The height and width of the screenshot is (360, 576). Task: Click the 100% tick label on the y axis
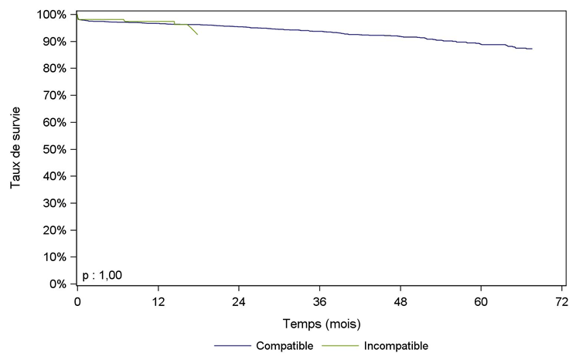52,15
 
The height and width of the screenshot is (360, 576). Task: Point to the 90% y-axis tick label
54,42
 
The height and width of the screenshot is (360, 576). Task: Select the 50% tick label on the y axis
54,149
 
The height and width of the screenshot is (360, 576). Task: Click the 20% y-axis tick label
54,230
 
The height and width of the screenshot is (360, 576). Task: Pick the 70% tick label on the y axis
54,96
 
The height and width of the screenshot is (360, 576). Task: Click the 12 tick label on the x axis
158,301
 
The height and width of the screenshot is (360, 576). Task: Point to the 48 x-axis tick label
400,301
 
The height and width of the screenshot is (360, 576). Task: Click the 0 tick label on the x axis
77,301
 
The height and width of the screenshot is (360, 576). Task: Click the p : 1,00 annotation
102,274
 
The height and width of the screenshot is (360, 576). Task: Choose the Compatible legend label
285,346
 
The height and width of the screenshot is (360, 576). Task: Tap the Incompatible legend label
396,346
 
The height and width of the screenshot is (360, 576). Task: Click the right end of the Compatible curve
532,49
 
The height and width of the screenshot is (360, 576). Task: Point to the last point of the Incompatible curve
198,36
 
